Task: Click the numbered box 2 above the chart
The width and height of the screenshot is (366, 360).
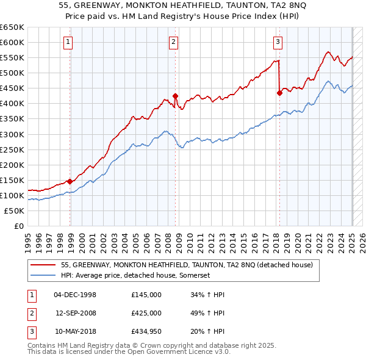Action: (x=173, y=42)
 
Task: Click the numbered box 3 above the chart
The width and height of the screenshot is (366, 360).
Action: (x=278, y=42)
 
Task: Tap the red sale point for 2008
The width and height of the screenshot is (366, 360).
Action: (x=175, y=96)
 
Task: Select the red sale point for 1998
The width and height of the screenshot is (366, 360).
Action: (x=70, y=181)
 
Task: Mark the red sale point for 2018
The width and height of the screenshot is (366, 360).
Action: (x=279, y=93)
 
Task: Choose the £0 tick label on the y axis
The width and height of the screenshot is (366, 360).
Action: (x=19, y=226)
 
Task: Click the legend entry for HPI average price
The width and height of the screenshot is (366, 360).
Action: (x=135, y=275)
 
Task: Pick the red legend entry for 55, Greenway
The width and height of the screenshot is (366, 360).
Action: (x=187, y=265)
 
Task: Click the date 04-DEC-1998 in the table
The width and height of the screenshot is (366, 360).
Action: (x=75, y=295)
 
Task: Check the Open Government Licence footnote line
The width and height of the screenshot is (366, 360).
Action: (x=120, y=352)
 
